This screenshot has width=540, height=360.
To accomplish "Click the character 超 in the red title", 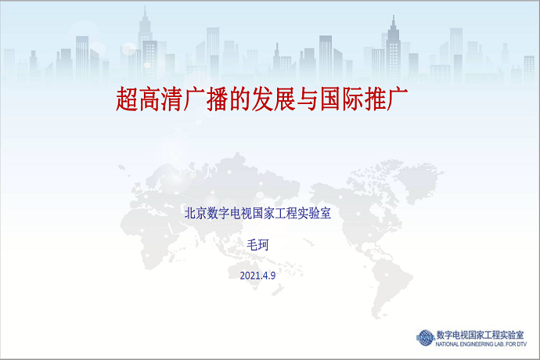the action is pos(127,99).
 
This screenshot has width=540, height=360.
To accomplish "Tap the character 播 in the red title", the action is pos(218,99).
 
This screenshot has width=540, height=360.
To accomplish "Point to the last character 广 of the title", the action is pos(397,99).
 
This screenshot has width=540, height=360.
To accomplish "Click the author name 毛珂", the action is pos(257,245).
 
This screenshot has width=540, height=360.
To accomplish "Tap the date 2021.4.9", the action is pos(257,275).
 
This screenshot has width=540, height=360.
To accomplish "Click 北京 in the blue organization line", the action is pos(196,213).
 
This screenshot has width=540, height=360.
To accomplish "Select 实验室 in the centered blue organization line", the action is pos(314,213).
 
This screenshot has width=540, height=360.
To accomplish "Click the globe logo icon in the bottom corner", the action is pos(425,337).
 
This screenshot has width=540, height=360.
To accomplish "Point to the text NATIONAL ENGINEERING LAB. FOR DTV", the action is pos(481,344).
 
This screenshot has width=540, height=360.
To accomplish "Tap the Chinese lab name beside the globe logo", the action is pos(480,335).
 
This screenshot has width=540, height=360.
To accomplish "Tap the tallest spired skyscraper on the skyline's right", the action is pos(394,52).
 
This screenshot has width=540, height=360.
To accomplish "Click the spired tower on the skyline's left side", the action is pos(146,45).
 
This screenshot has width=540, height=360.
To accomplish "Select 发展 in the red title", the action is pos(274,99).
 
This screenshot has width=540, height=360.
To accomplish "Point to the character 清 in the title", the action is pos(172,99).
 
